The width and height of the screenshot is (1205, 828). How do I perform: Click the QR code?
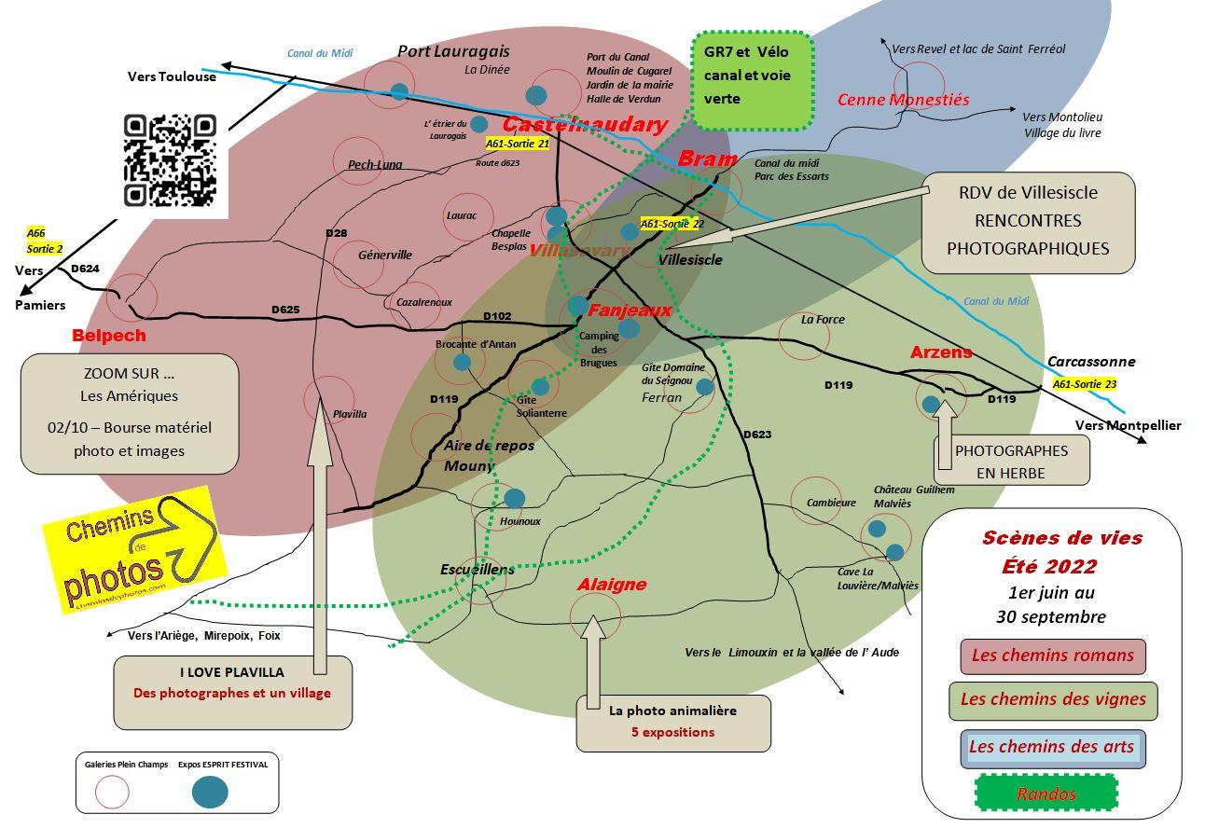pos(170,160)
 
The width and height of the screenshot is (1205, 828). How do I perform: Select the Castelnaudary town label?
pos(585,125)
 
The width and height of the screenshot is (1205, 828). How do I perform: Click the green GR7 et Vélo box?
pos(753,80)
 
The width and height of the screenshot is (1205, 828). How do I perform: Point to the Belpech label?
pos(109,335)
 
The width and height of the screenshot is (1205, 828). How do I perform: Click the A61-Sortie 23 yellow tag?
pos(1084,383)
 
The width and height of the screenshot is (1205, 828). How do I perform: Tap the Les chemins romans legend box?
pos(1052,655)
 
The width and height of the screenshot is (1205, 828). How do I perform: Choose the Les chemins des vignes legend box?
pos(1052,700)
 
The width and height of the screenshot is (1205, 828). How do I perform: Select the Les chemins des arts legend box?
pos(1052,748)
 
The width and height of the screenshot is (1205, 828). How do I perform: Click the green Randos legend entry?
pos(1046,794)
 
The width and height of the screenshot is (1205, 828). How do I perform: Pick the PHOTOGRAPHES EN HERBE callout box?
pos(1011,461)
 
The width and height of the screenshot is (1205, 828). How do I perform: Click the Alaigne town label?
pos(612,585)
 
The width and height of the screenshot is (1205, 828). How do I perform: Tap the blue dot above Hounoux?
pos(514,499)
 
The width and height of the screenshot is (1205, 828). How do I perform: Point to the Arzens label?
pos(941,352)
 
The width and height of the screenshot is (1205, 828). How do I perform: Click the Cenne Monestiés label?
pos(903,100)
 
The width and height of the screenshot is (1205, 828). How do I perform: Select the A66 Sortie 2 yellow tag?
pos(44,241)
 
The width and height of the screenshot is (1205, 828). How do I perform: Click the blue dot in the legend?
pos(210,793)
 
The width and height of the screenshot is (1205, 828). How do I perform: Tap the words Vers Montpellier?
pos(1128,425)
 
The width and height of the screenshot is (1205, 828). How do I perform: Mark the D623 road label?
pos(757,435)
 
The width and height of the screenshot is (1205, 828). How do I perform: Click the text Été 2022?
pos(1049,566)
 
